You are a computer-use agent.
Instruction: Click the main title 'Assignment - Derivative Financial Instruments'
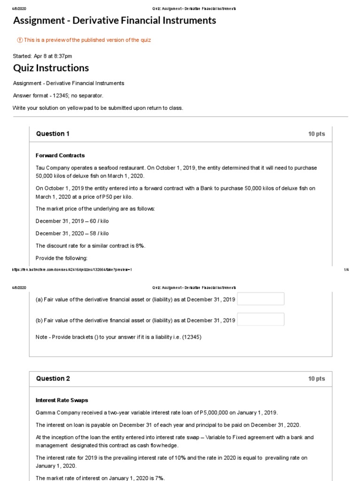point(115,21)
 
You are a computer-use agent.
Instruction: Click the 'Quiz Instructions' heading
point(51,68)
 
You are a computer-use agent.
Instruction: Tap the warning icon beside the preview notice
point(20,40)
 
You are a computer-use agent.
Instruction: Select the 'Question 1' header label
point(53,134)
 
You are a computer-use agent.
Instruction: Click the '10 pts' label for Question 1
point(316,134)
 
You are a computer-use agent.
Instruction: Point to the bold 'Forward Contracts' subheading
point(60,155)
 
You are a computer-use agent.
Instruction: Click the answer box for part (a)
point(260,299)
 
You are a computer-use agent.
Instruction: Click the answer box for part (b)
point(260,319)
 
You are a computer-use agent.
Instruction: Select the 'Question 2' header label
point(53,379)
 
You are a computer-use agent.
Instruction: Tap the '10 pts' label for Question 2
point(316,379)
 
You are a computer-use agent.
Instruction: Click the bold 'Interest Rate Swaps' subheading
point(62,400)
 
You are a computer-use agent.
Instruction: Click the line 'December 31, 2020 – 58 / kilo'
point(72,233)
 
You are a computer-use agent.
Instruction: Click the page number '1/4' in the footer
point(346,270)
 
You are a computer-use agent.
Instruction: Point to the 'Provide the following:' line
point(62,258)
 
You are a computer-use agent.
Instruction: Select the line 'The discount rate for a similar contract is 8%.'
point(90,246)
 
